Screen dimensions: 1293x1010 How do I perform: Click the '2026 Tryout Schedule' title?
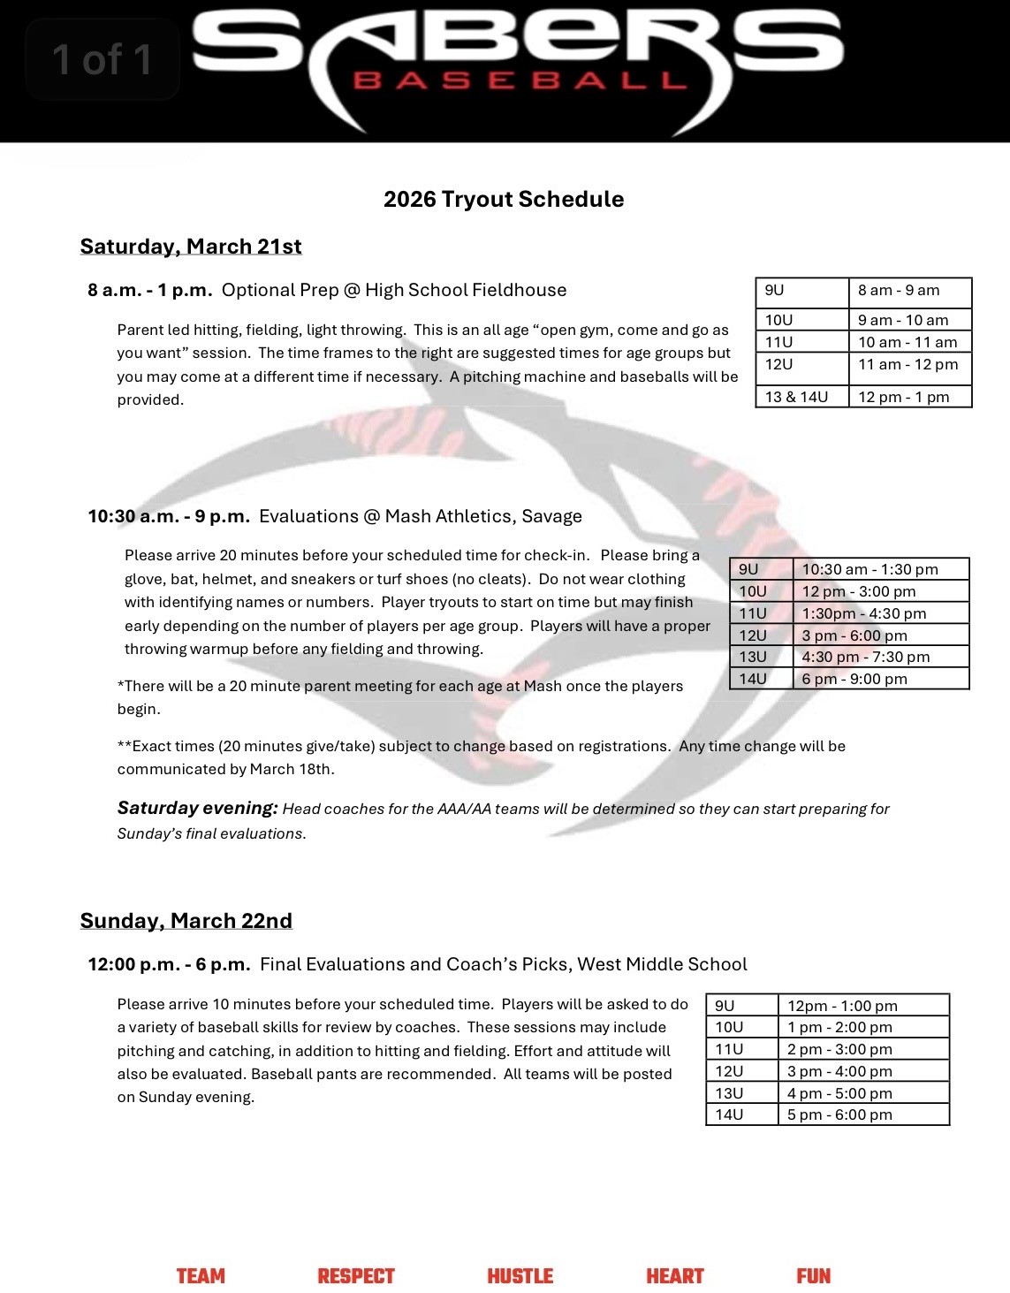[x=504, y=199]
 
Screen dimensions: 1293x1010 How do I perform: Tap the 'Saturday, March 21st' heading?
[x=191, y=246]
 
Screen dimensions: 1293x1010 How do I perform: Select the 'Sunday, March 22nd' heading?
[x=186, y=921]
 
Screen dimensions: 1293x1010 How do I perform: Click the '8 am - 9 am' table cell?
[x=899, y=290]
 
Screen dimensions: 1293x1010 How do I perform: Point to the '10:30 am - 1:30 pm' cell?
[x=870, y=569]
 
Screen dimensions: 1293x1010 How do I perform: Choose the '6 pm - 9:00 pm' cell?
[x=842, y=679]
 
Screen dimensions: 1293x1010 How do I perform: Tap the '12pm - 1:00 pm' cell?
[x=842, y=1006]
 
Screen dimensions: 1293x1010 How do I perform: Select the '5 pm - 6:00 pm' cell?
[x=839, y=1114]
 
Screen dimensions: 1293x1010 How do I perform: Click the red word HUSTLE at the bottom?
[x=520, y=1276]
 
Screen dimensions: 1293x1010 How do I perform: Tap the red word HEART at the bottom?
[x=675, y=1276]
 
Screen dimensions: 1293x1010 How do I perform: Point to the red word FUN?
[x=813, y=1276]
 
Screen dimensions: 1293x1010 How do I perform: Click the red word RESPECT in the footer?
[x=356, y=1276]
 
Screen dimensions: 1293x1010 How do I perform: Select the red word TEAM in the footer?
[x=201, y=1276]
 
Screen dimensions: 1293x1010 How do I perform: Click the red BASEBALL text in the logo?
[x=520, y=81]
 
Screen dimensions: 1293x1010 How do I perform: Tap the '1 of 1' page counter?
[x=102, y=59]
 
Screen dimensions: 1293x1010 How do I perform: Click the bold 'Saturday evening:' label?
[x=198, y=808]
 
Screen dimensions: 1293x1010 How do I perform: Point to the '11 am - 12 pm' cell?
[x=907, y=364]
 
